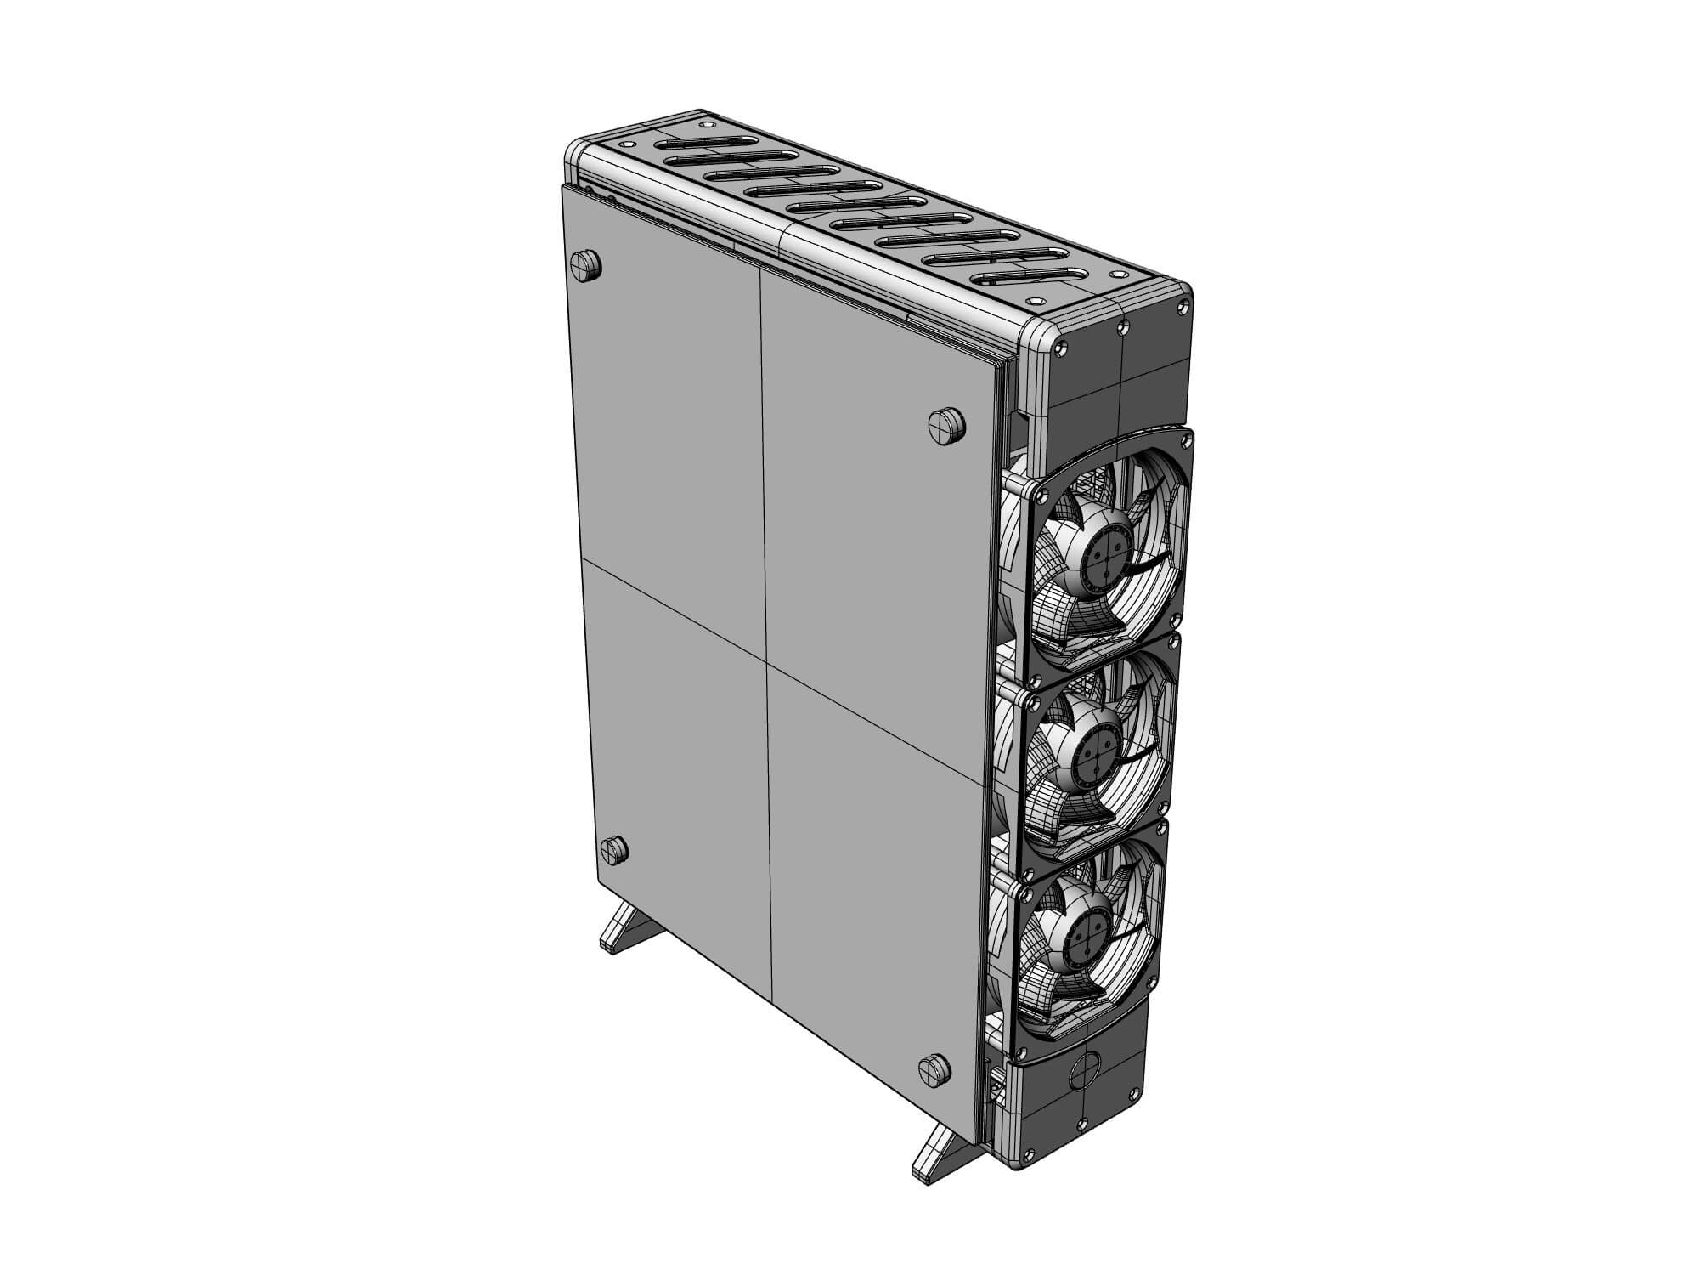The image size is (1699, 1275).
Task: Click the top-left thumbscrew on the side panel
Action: (587, 265)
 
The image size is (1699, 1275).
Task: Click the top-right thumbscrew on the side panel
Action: (946, 424)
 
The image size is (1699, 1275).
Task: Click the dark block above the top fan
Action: (1116, 374)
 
